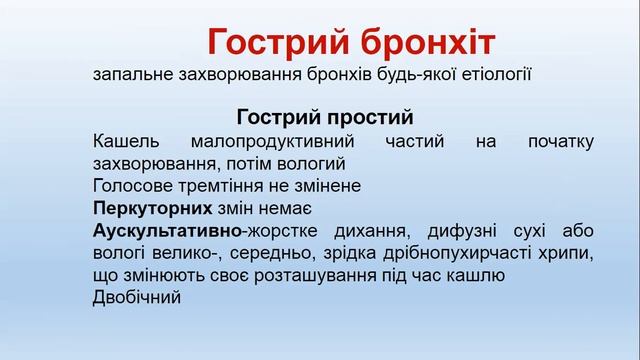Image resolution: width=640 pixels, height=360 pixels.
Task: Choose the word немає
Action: tap(285, 208)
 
